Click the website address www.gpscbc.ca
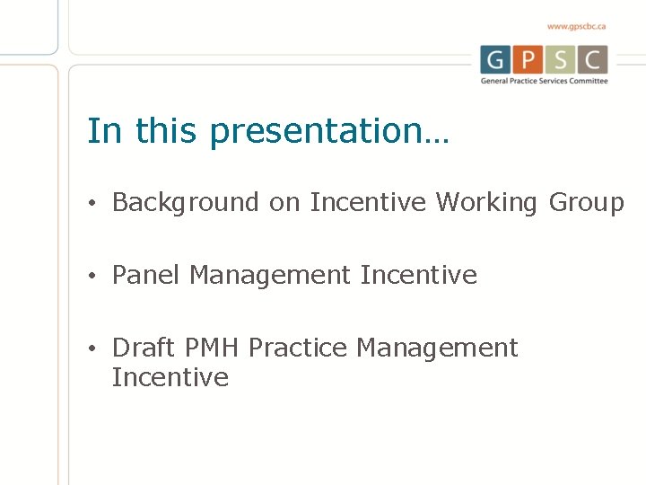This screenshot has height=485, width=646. pyautogui.click(x=576, y=27)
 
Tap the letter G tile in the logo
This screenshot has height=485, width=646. pyautogui.click(x=494, y=59)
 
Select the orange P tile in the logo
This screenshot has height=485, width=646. pyautogui.click(x=528, y=59)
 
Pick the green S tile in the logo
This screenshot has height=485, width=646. pyautogui.click(x=561, y=59)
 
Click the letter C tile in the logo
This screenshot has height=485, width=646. pyautogui.click(x=593, y=59)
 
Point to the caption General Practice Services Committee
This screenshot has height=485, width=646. pyautogui.click(x=544, y=81)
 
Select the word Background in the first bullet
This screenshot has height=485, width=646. pyautogui.click(x=186, y=203)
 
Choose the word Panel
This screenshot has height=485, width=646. pyautogui.click(x=146, y=275)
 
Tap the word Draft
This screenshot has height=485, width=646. pyautogui.click(x=144, y=348)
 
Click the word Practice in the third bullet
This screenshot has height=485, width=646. pyautogui.click(x=298, y=348)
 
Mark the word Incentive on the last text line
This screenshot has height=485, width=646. pyautogui.click(x=170, y=377)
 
